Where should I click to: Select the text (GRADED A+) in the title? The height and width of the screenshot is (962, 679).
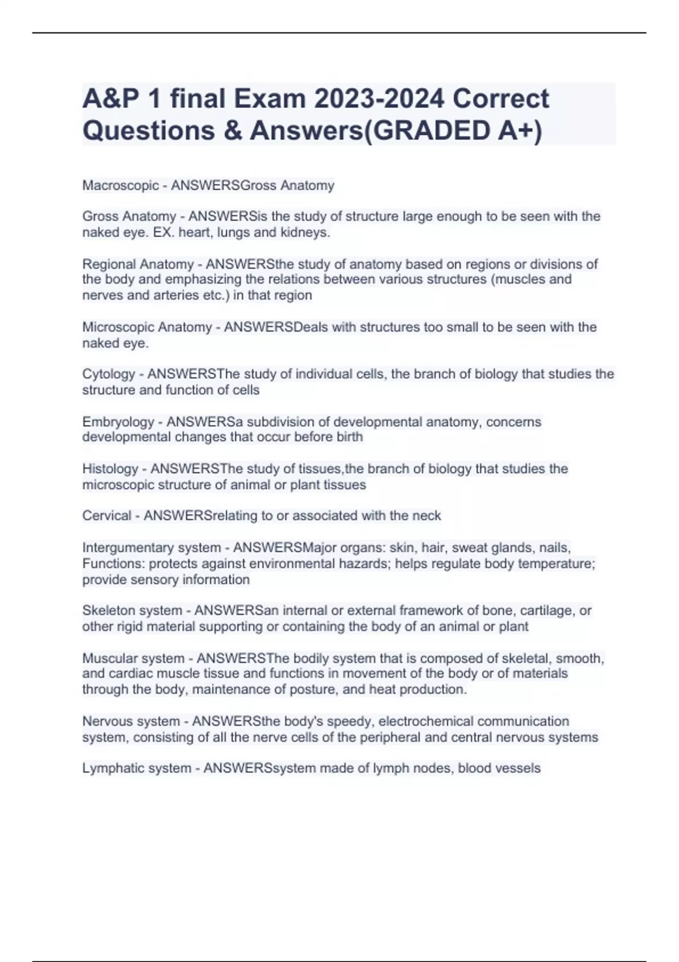[452, 130]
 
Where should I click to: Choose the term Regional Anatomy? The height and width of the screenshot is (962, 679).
[138, 264]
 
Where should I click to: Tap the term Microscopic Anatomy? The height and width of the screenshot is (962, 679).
[147, 327]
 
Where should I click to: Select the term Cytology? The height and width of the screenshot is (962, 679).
[109, 374]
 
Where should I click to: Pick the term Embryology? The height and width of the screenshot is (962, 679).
[118, 422]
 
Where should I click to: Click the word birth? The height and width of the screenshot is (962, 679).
[349, 437]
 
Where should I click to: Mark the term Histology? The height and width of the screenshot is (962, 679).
[110, 469]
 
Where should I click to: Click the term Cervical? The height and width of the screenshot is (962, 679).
[106, 516]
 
